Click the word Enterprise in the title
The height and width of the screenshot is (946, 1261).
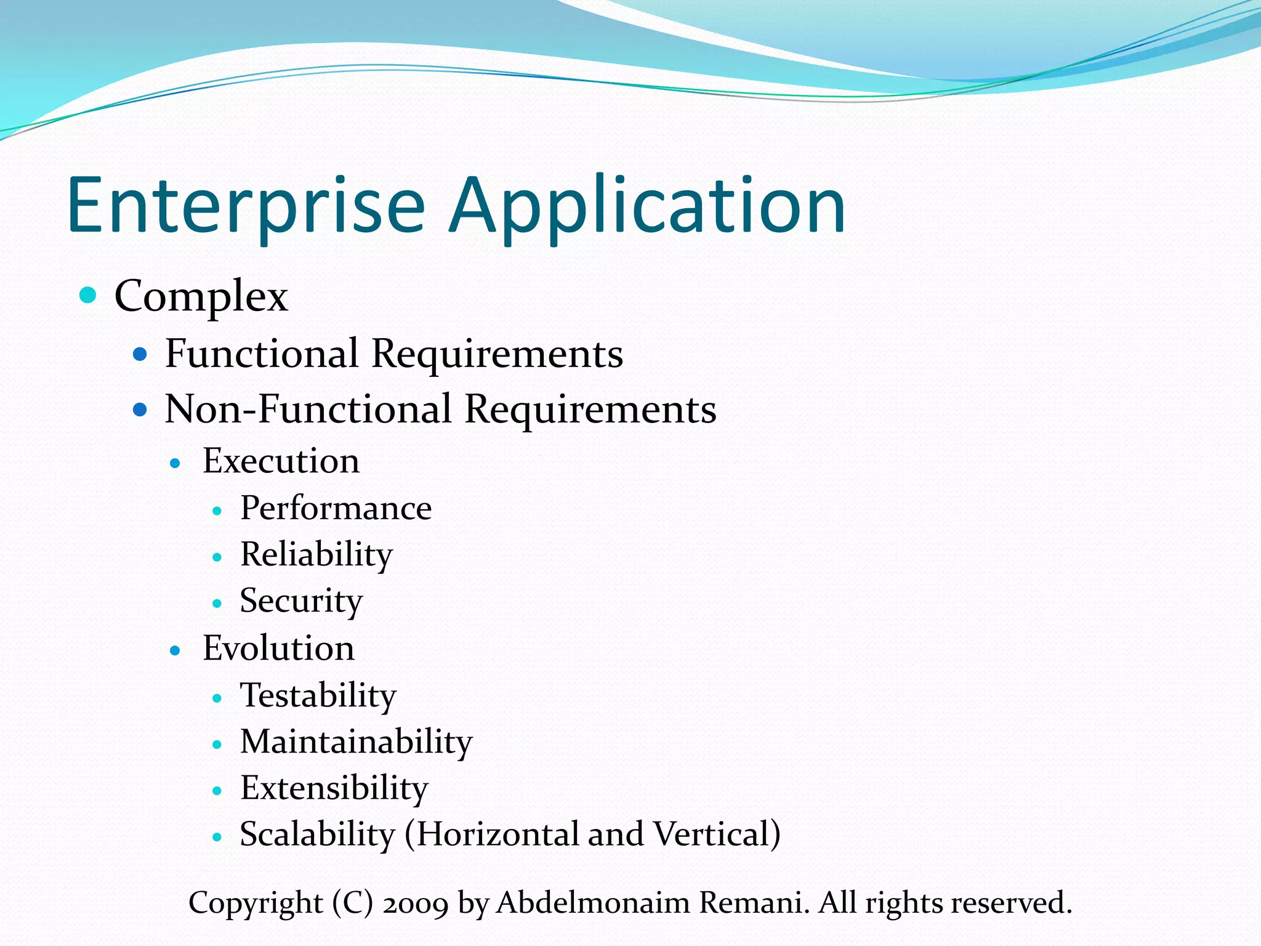(246, 206)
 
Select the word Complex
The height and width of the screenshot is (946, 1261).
(201, 297)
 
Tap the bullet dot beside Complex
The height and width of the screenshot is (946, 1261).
(89, 295)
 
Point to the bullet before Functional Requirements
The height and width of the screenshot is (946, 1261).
(140, 354)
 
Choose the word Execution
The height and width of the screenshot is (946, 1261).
(281, 461)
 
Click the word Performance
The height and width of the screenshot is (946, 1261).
(336, 509)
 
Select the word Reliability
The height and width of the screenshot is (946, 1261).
(316, 555)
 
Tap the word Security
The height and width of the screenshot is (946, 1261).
(301, 601)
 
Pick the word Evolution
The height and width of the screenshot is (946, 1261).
(278, 649)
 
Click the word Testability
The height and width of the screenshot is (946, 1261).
(318, 696)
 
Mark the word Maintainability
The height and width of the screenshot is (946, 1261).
(356, 742)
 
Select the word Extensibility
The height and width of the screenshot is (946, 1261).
(334, 788)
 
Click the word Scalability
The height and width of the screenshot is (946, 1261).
(317, 835)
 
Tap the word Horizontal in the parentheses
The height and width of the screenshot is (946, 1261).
(499, 835)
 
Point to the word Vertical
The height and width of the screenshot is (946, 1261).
(711, 835)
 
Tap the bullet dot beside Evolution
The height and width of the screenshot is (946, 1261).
(175, 650)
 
